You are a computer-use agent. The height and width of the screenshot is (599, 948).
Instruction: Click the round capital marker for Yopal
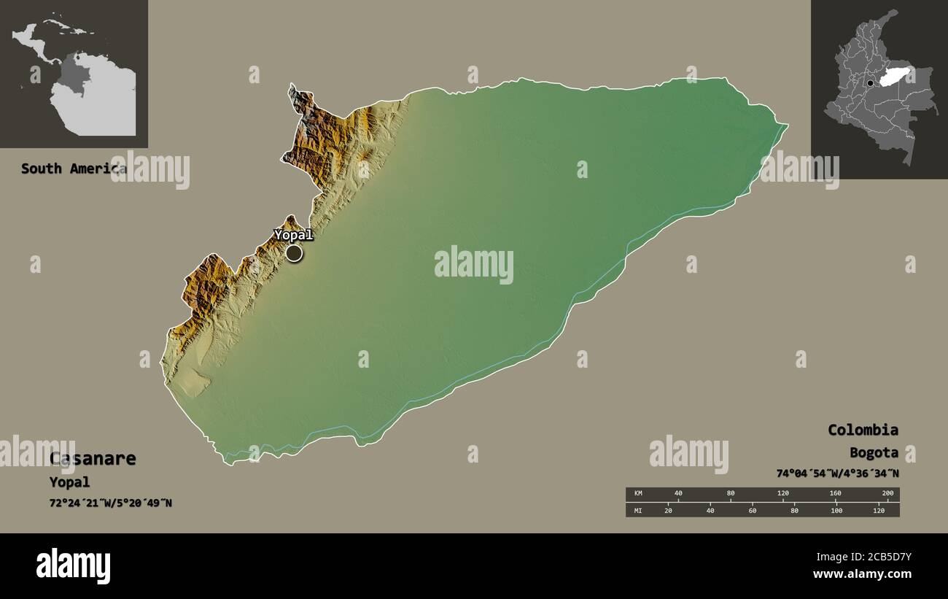pos(294,253)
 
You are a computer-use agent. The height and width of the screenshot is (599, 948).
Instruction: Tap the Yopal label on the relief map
pos(293,235)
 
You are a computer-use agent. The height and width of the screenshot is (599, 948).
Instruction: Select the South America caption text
pos(73,169)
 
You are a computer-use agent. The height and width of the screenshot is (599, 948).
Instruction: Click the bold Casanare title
pos(93,459)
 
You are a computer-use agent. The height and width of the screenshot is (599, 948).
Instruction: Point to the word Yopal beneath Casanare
pos(69,482)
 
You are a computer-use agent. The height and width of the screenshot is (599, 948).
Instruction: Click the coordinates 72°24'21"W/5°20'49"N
pos(111,503)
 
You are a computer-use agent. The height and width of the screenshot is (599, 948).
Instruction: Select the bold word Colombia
pos(863,430)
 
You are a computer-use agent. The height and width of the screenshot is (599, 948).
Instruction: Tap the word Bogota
pos(874,453)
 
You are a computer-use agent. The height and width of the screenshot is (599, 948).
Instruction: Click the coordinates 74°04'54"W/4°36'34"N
pos(837,474)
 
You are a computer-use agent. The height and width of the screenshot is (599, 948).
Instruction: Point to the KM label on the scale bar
pos(637,494)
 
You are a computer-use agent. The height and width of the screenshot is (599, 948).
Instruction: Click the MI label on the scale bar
pos(637,510)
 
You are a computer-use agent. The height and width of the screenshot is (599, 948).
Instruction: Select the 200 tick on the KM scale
pos(887,494)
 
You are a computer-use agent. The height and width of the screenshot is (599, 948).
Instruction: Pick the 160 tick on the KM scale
pos(835,494)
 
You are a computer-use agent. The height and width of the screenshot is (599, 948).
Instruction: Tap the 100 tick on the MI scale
pos(836,510)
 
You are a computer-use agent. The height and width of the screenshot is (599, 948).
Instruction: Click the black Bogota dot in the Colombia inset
pos(870,84)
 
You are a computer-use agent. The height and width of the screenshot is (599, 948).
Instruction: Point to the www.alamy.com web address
pos(862,575)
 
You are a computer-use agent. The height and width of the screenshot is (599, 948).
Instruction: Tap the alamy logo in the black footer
pos(73,566)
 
